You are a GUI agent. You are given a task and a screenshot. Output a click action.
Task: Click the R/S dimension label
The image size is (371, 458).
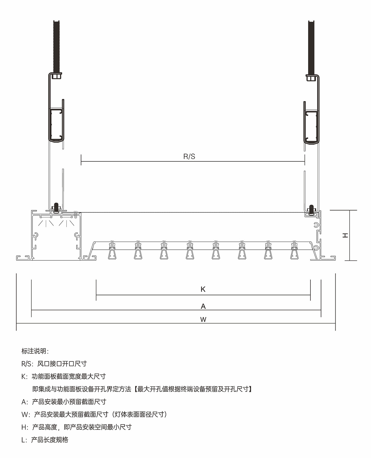click(x=189, y=156)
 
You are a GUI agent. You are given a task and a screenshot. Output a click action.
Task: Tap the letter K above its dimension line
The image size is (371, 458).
click(x=203, y=289)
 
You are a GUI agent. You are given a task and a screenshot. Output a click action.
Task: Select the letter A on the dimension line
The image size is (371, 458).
click(x=203, y=306)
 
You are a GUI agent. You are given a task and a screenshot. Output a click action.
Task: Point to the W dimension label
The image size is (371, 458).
click(x=203, y=320)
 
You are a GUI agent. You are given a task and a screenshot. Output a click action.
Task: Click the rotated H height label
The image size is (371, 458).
click(x=345, y=236)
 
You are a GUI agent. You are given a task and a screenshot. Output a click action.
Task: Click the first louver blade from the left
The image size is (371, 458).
click(x=112, y=250)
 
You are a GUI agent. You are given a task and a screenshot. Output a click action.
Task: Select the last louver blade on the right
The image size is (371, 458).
click(x=294, y=250)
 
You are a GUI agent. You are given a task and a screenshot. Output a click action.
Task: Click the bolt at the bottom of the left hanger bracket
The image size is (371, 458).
click(x=56, y=207)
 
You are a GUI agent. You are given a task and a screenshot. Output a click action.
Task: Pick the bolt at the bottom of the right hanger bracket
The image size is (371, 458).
click(x=311, y=210)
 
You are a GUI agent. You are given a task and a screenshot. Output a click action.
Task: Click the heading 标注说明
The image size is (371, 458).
click(x=35, y=351)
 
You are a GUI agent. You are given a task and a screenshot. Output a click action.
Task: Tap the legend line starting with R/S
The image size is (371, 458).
click(x=54, y=364)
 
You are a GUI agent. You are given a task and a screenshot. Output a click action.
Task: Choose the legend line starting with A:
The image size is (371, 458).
click(x=64, y=402)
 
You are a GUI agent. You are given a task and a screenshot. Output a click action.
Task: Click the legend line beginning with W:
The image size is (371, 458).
click(x=94, y=415)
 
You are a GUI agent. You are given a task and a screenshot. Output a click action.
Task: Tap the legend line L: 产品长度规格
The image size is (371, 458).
click(x=45, y=440)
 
